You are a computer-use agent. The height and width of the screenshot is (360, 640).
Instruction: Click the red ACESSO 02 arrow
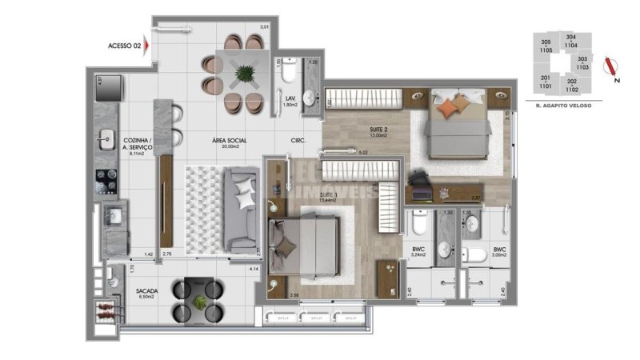pos(147,46)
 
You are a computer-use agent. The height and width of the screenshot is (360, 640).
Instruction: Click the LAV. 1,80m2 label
pos(291,101)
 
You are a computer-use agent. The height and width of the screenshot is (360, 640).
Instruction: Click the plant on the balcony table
pos(200,302)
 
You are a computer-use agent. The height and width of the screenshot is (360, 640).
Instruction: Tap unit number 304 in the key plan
pos(570,37)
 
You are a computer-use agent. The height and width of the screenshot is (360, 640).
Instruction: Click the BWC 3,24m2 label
pos(418,253)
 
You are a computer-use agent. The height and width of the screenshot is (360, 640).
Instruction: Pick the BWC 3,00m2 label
pos(500,253)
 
